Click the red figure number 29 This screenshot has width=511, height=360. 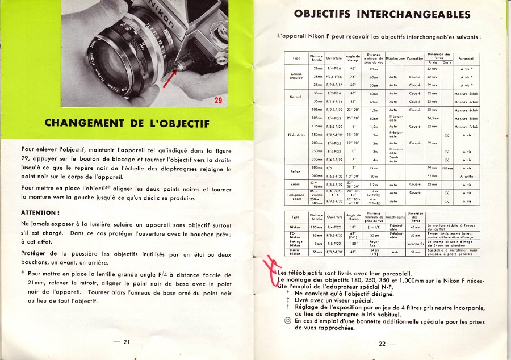(218, 101)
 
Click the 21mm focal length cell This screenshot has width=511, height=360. (318, 68)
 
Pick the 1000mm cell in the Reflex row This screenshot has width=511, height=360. (317, 177)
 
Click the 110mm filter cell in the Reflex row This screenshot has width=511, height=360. (446, 169)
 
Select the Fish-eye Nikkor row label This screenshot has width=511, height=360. (295, 243)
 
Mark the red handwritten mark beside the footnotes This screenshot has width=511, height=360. (273, 267)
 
